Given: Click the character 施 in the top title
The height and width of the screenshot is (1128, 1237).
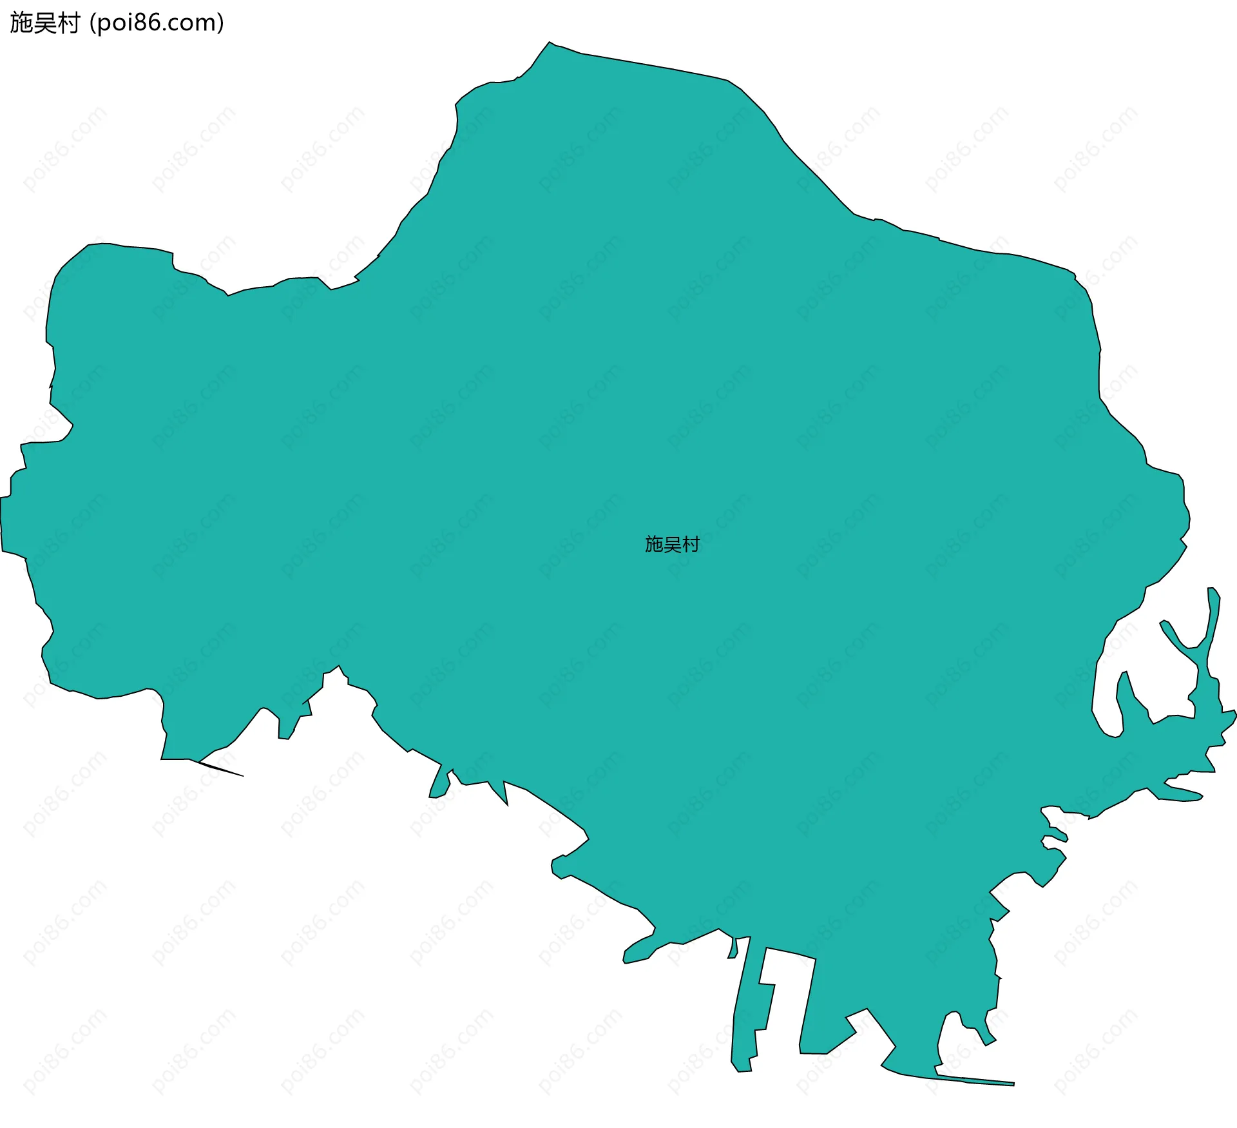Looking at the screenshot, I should (x=21, y=23).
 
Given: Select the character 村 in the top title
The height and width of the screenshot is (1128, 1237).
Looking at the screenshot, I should (x=68, y=23).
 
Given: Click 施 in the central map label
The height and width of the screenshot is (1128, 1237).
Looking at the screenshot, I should (x=654, y=544).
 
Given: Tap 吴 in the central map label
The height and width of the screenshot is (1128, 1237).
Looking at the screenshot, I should (x=672, y=544).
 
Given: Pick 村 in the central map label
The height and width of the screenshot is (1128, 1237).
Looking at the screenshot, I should (x=691, y=544).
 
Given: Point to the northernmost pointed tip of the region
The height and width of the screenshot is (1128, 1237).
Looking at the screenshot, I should (x=550, y=43).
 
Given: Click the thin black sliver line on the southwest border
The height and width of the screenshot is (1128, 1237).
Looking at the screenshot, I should (x=222, y=769).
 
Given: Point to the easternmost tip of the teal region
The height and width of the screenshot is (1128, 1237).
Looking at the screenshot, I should (x=1234, y=713).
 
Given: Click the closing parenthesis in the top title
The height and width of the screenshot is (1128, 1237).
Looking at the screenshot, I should (x=221, y=23).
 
